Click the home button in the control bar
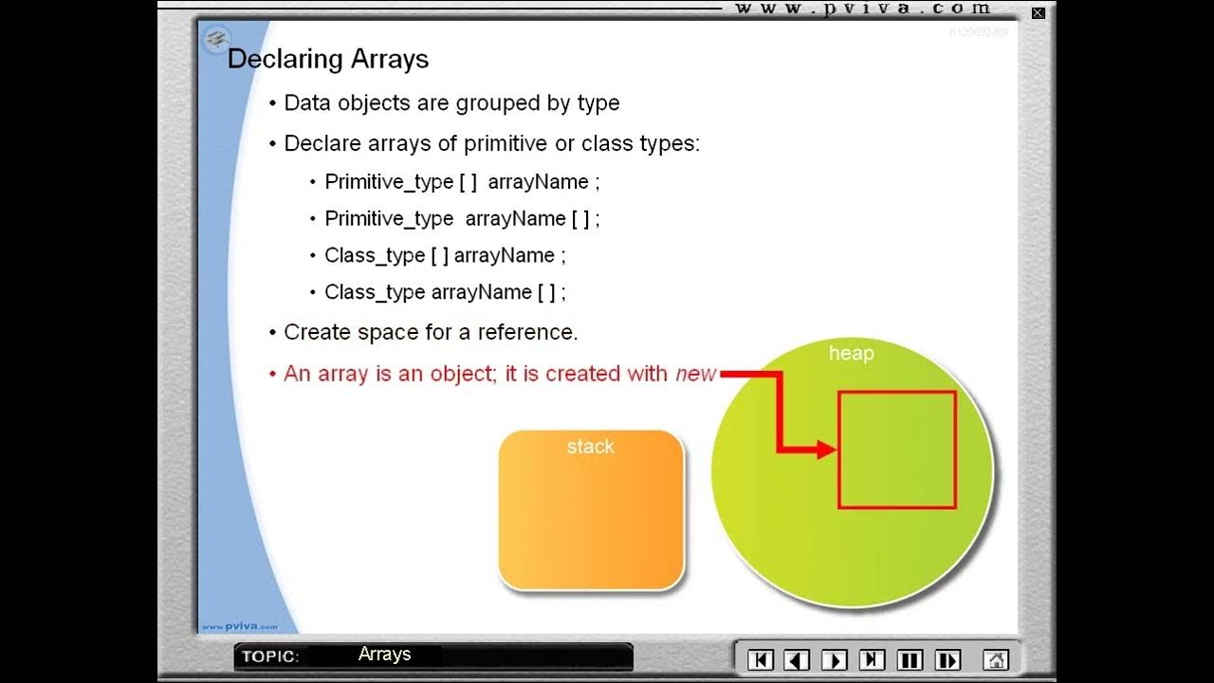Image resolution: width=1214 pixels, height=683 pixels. click(x=995, y=659)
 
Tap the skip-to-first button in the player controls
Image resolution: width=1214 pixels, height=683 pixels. click(x=761, y=659)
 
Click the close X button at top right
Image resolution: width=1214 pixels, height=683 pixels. click(x=1039, y=13)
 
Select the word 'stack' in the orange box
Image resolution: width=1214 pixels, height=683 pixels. click(x=591, y=447)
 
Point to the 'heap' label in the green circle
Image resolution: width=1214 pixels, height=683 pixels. click(x=851, y=354)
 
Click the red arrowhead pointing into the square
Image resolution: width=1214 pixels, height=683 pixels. click(x=827, y=450)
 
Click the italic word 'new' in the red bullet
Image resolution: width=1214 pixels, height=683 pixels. click(x=695, y=374)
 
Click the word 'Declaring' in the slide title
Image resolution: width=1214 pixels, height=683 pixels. click(x=285, y=59)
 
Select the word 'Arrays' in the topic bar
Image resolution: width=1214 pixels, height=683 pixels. click(x=384, y=654)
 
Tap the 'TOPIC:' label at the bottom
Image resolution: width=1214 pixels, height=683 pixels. click(x=270, y=656)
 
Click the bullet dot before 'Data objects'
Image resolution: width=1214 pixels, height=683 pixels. click(x=273, y=103)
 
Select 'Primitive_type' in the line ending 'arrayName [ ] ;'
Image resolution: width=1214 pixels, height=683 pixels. click(x=389, y=218)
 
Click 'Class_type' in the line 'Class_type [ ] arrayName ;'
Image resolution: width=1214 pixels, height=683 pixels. click(x=375, y=255)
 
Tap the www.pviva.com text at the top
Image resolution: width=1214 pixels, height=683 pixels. click(x=863, y=9)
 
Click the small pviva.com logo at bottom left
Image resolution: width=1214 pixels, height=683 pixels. click(x=238, y=626)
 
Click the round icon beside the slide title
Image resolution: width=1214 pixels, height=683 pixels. click(x=217, y=39)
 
